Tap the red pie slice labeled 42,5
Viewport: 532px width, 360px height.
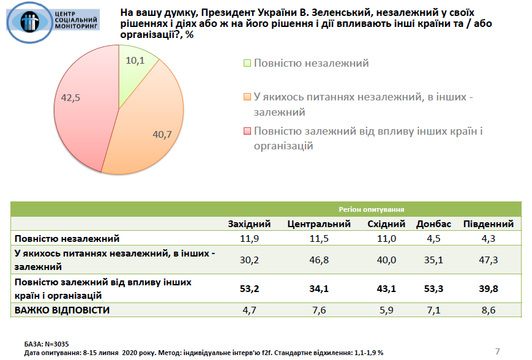(83, 107)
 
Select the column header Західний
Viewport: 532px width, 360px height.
(249, 224)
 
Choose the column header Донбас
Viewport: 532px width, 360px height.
(433, 224)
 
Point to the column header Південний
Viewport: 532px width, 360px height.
(487, 224)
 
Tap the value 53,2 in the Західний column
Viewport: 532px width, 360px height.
(249, 288)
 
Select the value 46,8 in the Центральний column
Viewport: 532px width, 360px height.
(318, 260)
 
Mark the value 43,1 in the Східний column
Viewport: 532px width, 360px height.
(386, 288)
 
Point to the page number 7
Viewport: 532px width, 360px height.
(497, 351)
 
